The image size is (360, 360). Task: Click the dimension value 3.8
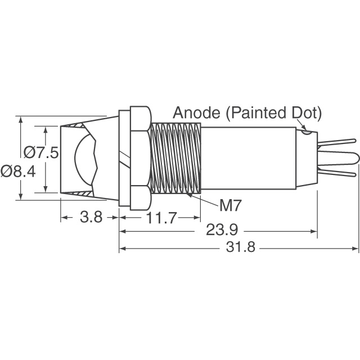point(90,218)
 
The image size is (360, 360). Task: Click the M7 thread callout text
point(230,206)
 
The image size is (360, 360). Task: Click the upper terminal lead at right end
point(337,145)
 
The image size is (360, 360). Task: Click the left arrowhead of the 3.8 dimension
point(64,218)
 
